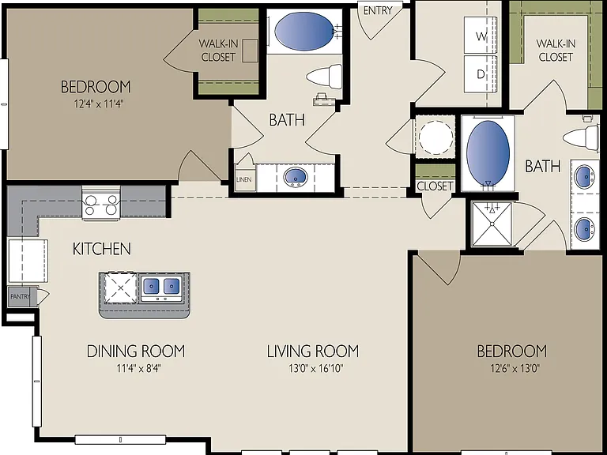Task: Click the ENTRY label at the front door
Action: coord(378,10)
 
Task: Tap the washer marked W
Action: coord(481,36)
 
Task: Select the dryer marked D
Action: coord(481,74)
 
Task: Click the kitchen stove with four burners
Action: coord(101,204)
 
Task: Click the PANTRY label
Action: coord(20,297)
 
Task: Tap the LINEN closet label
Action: coord(244,179)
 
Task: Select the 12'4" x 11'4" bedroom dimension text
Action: coord(100,104)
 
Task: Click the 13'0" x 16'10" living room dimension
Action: coord(316,368)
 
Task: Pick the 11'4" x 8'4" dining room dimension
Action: coord(138,368)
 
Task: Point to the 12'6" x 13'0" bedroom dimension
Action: coord(515,368)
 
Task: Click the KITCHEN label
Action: coord(102,249)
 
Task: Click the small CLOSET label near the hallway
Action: coord(435,186)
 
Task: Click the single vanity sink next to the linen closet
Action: coord(296,178)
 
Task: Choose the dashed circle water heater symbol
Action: coord(435,137)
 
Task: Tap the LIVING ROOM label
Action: coord(313,351)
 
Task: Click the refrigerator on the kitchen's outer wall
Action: coord(28,261)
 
